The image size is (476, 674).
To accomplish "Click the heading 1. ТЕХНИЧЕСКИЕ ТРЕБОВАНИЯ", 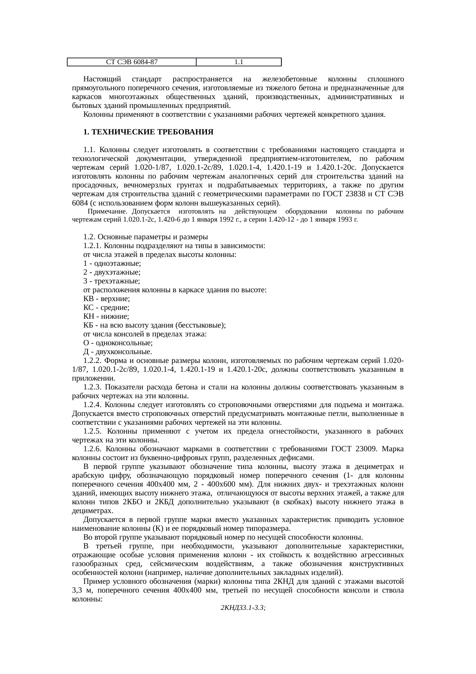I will (148, 132).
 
